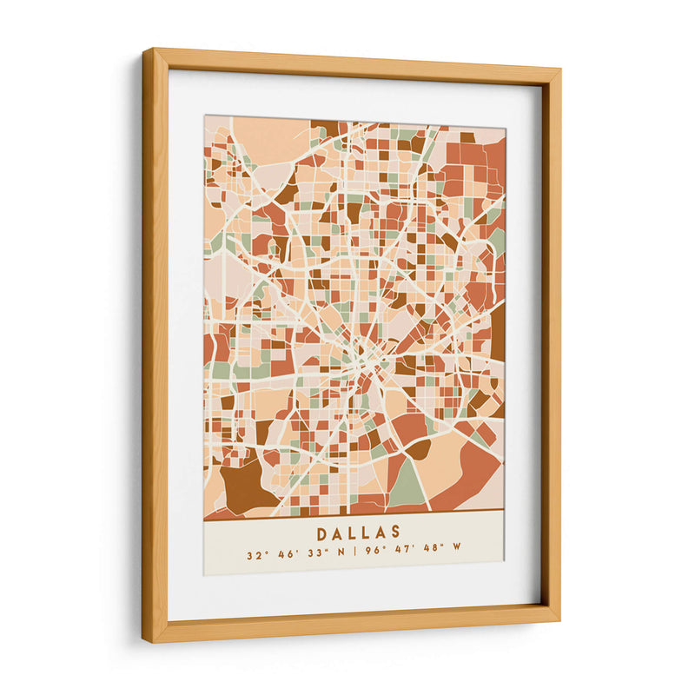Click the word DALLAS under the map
(x=359, y=533)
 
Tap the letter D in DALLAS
(x=321, y=533)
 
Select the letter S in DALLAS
(x=396, y=533)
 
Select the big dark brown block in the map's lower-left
(x=246, y=486)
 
